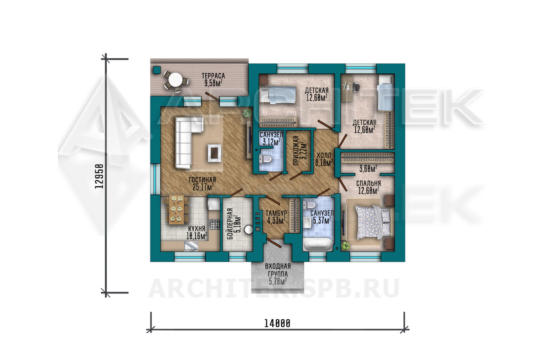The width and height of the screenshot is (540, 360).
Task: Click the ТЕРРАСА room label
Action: [213, 76]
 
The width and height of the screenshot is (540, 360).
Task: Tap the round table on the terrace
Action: [175, 80]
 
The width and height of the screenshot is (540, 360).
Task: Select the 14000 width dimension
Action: [277, 323]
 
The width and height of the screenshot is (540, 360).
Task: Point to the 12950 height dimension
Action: [99, 176]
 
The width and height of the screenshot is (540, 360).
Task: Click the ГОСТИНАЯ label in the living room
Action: [202, 180]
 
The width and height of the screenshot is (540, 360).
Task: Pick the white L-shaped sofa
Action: [186, 142]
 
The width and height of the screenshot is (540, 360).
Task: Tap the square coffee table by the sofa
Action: [214, 153]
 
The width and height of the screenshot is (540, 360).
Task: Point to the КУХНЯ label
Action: [197, 228]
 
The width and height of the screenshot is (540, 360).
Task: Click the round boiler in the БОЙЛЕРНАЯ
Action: [248, 229]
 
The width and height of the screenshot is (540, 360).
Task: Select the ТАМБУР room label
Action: [276, 213]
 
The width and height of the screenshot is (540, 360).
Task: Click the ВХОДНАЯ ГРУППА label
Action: [278, 270]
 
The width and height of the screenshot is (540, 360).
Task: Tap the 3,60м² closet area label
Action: [368, 169]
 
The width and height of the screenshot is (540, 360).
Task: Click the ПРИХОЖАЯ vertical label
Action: [296, 150]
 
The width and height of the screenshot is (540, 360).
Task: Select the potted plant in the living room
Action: [247, 113]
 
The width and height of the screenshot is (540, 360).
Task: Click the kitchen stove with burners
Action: [214, 224]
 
